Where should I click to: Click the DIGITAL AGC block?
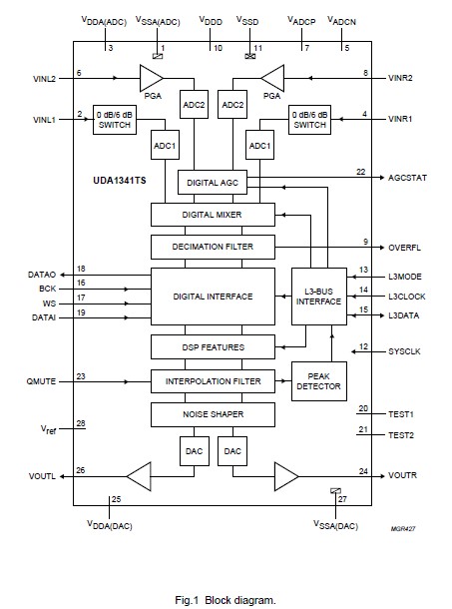[x=212, y=182]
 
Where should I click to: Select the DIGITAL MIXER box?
[x=212, y=215]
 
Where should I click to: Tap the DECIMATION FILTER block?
[x=212, y=246]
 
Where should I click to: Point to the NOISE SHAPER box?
[x=212, y=413]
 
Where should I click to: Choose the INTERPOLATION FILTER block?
[x=212, y=380]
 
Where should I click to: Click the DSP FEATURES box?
[x=212, y=346]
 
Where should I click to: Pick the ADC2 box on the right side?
[x=233, y=105]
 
